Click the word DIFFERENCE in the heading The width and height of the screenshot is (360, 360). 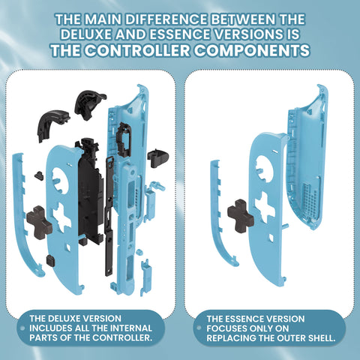point(166,19)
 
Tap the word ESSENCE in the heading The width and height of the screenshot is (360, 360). point(180,34)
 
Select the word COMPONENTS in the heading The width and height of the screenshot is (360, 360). point(252,50)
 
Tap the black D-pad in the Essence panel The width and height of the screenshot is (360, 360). point(241,216)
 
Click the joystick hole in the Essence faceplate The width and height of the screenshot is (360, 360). point(264,168)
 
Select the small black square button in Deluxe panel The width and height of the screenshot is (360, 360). point(51,260)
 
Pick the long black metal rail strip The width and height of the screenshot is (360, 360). point(109,216)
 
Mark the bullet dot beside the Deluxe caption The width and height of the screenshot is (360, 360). point(22,328)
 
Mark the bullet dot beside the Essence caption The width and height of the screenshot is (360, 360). point(199,328)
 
